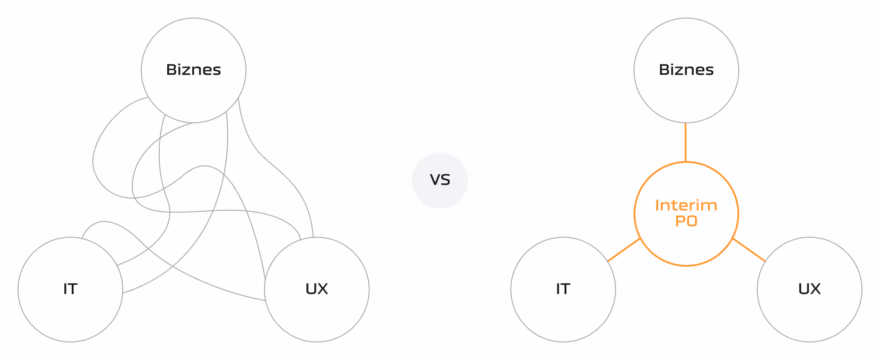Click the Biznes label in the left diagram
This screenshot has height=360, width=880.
tap(193, 70)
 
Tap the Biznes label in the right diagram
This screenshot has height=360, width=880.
tap(686, 70)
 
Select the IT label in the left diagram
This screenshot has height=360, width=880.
tap(70, 289)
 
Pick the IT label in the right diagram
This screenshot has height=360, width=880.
tap(563, 289)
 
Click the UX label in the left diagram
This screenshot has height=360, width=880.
tap(317, 289)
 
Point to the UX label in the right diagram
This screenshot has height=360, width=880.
tap(810, 289)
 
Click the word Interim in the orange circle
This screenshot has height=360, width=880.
tap(686, 206)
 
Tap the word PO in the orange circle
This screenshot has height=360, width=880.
tap(686, 221)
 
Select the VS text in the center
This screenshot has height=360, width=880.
tap(440, 180)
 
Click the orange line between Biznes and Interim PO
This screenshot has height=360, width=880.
tap(686, 142)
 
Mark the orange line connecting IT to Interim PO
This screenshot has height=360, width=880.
tap(623, 250)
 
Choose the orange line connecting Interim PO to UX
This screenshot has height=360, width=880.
tap(749, 250)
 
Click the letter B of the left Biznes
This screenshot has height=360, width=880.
tap(171, 70)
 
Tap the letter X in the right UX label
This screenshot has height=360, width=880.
tap(815, 289)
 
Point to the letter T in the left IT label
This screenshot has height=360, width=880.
tap(73, 289)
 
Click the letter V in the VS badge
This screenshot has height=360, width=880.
tap(435, 180)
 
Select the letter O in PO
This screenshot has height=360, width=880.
tap(692, 221)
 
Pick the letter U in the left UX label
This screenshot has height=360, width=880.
tap(311, 289)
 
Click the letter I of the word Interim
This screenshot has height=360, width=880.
tap(657, 206)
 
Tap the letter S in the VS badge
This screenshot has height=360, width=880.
tap(445, 180)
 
